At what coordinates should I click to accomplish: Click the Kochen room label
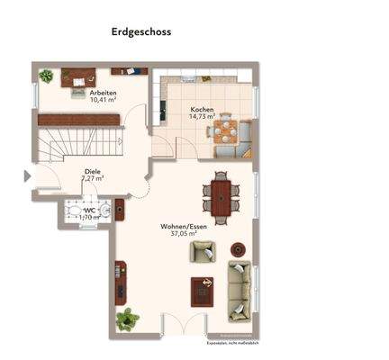pos(202,109)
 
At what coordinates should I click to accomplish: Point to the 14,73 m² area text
pos(202,117)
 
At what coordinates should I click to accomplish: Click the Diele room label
pos(92,170)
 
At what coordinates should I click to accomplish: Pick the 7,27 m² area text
pos(92,178)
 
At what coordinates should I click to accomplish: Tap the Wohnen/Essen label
pos(184,226)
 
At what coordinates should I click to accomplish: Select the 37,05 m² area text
pos(184,234)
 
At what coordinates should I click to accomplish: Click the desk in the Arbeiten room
pos(77,78)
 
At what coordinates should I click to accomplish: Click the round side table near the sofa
pos(239,248)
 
